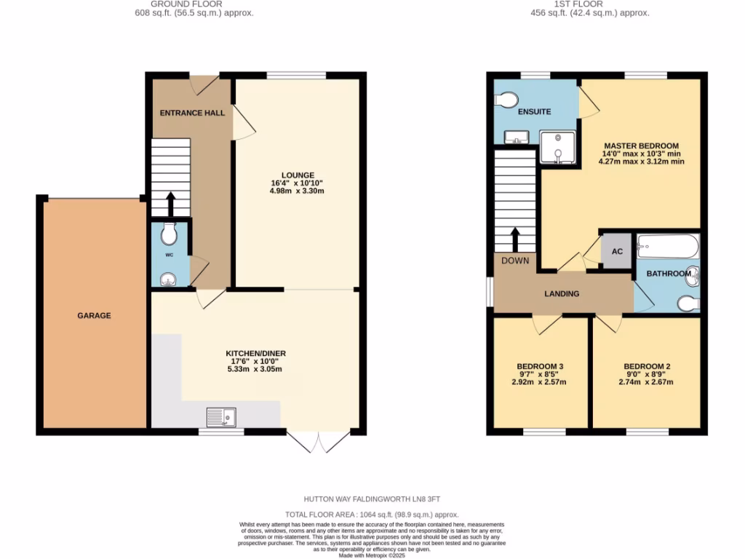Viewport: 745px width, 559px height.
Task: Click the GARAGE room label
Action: pos(95,315)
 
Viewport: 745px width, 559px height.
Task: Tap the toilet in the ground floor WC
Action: pos(169,234)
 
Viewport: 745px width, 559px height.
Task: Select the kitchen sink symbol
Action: pos(221,417)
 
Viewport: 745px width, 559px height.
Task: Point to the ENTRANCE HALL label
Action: pos(192,113)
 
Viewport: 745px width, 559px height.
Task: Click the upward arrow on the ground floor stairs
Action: pos(171,205)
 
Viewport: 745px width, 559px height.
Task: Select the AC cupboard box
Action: pos(617,252)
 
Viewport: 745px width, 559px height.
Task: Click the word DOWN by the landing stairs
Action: pos(515,261)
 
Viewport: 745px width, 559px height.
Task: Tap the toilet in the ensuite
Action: pos(506,99)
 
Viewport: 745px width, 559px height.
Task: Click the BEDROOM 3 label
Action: pos(540,366)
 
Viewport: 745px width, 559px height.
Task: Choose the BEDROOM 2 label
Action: pos(647,366)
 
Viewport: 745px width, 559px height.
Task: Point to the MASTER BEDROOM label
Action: pos(641,146)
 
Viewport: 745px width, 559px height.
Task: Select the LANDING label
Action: pos(562,293)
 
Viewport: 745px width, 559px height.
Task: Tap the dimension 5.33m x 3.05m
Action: pos(255,369)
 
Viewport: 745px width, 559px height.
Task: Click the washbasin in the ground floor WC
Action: pos(169,278)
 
